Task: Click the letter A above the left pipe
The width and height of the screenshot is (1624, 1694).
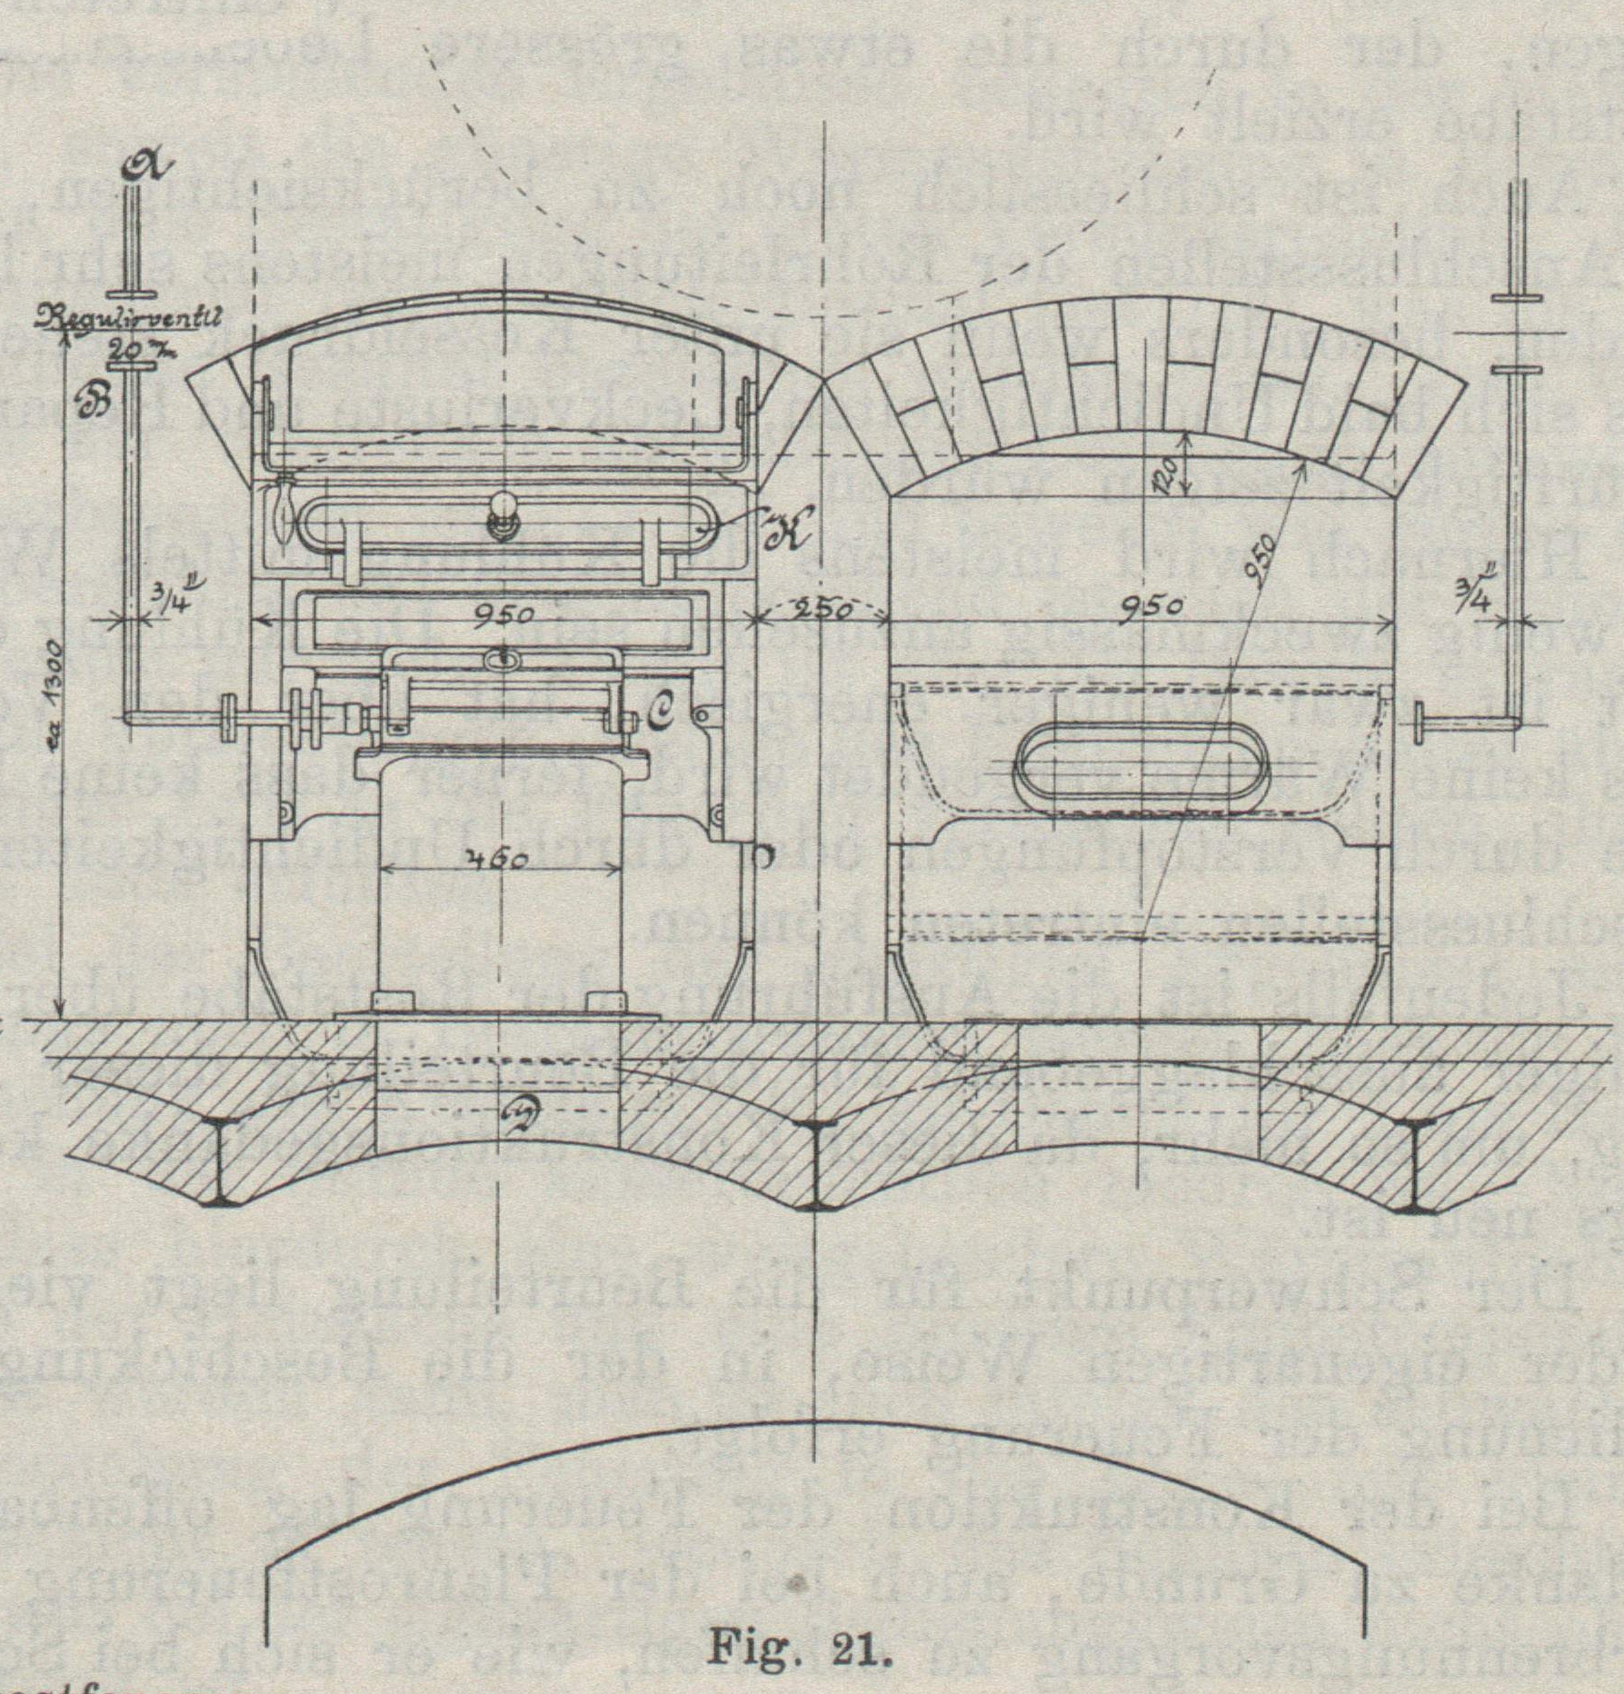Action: [x=144, y=165]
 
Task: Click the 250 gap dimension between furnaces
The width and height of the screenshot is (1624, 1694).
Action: [x=821, y=609]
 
